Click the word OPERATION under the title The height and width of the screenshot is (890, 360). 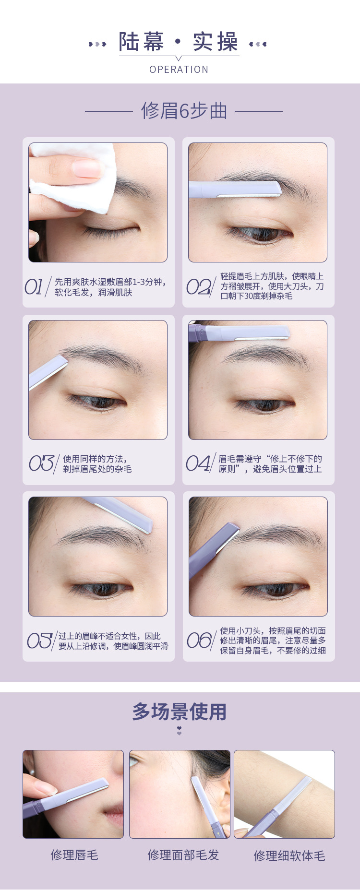point(179,70)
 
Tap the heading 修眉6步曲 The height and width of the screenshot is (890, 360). point(184,111)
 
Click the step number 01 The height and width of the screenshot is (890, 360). point(35,287)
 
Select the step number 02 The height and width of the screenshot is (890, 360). point(198,287)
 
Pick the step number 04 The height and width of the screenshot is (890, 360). point(198,463)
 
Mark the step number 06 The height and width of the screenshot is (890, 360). point(199,641)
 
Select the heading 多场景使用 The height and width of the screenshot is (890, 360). point(180,712)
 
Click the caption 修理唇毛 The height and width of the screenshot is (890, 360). point(74,855)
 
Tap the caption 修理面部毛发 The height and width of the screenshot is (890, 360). point(183,855)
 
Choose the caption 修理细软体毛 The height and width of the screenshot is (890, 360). point(289,856)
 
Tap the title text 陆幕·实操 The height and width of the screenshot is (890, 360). point(179,42)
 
